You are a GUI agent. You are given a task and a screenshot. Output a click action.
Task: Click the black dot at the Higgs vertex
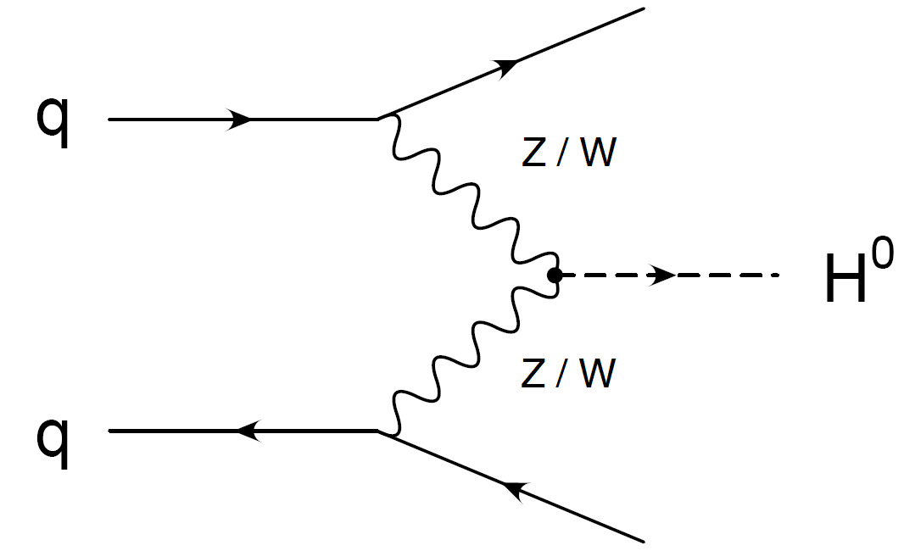tap(555, 275)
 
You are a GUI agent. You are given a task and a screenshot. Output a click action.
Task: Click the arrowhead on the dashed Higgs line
tap(662, 275)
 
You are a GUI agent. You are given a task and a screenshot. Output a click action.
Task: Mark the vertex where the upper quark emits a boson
tap(378, 120)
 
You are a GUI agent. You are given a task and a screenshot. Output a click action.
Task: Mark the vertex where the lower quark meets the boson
tap(378, 431)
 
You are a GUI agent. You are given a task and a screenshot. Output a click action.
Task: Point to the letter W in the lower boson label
tap(594, 374)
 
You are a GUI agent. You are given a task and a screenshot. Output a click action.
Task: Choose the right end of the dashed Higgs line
tap(778, 275)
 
